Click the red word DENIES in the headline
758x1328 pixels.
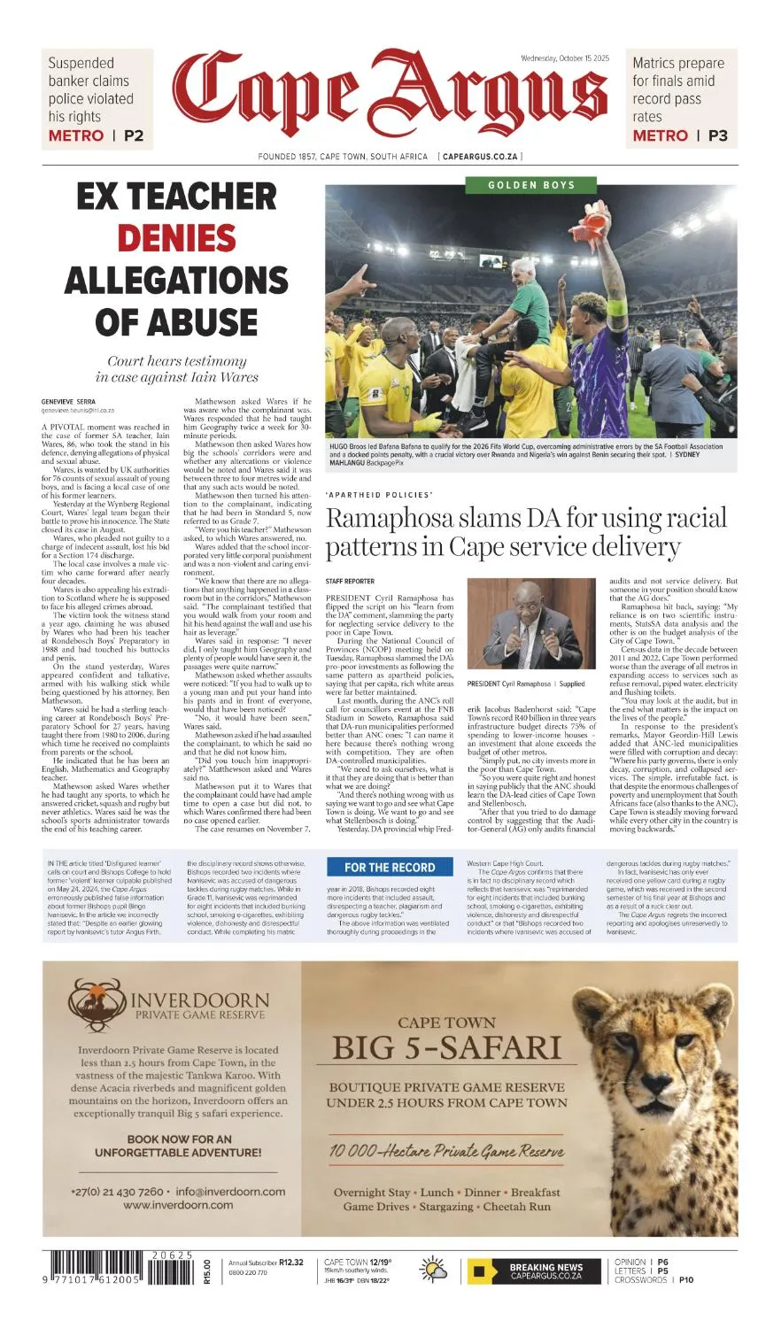click(176, 238)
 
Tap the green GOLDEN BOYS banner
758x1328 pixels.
click(531, 185)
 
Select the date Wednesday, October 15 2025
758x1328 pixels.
click(566, 58)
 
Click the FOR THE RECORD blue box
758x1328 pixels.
click(390, 868)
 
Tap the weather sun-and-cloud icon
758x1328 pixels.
click(434, 1270)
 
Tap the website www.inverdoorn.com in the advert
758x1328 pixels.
click(178, 1205)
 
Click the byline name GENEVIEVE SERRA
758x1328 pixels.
click(68, 402)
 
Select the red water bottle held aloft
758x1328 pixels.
click(597, 218)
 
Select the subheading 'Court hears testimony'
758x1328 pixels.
click(176, 361)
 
